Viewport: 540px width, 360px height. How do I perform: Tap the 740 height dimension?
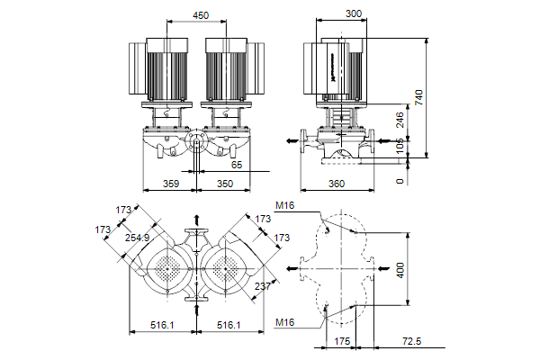(418, 96)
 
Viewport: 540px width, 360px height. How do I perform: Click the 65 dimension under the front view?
(236, 165)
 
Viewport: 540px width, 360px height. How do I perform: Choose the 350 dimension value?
(225, 184)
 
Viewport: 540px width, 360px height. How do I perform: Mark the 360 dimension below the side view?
(337, 184)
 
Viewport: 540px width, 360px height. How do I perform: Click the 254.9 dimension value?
(137, 238)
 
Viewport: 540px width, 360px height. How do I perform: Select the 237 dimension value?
(262, 285)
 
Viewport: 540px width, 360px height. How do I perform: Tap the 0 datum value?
(400, 180)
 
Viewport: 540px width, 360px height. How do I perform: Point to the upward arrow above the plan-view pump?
(196, 220)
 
